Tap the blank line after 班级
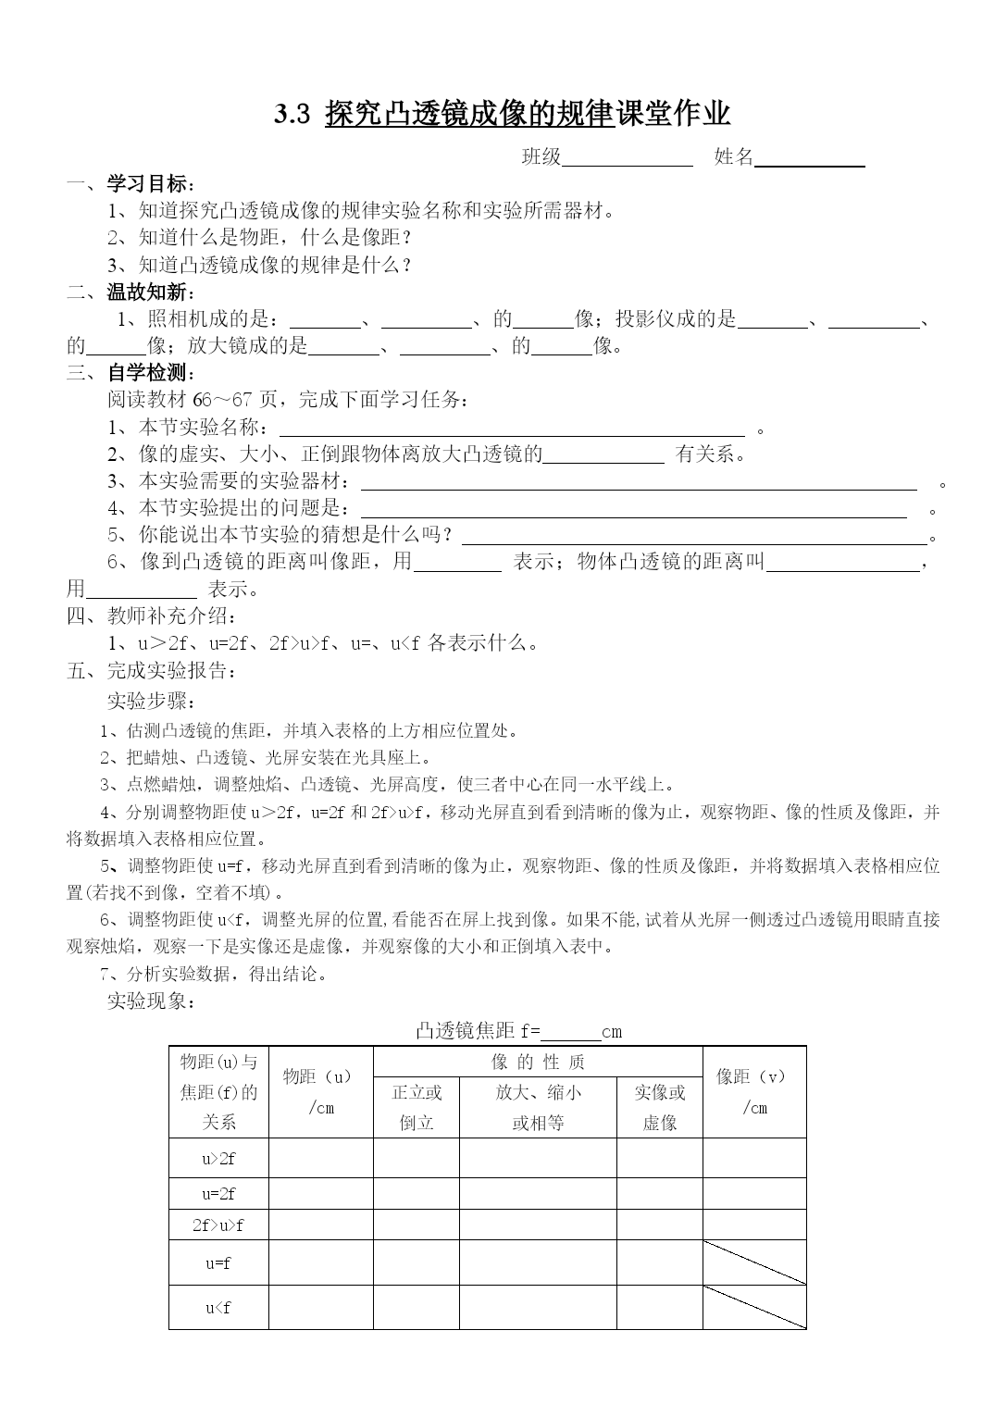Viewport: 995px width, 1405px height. point(628,159)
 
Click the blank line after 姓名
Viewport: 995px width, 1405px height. point(810,159)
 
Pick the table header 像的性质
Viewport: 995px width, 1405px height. point(538,1062)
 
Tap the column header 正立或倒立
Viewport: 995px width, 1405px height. point(417,1107)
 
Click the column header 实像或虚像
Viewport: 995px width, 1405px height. point(659,1107)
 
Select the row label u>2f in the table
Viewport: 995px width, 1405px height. point(218,1158)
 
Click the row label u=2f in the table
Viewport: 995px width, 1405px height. point(218,1194)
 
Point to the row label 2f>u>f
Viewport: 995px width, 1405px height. point(218,1225)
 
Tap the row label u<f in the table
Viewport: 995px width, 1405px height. point(218,1308)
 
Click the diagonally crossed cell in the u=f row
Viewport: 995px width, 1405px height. point(754,1262)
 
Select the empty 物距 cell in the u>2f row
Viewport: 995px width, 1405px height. point(320,1158)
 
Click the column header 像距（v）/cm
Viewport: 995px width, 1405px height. point(754,1092)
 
